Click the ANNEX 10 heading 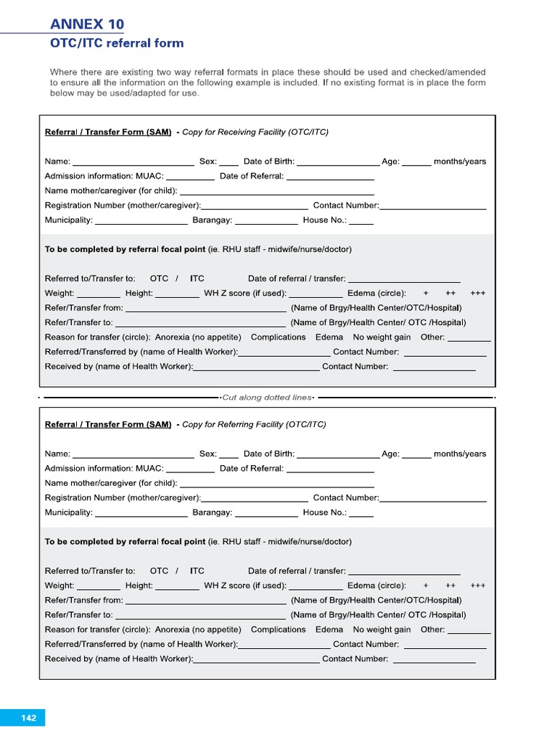87,24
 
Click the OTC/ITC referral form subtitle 116,43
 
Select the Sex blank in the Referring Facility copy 229,454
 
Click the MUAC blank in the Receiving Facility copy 190,177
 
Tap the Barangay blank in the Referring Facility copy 266,513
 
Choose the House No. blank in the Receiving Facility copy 361,221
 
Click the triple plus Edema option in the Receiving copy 478,294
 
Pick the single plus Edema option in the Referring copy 426,586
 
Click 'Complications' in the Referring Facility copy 278,629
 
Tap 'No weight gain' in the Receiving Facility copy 382,337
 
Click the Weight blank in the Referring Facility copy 98,586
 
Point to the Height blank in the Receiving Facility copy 177,294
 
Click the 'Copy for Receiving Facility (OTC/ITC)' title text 255,132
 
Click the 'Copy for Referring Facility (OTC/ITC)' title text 254,424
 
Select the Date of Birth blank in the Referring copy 338,454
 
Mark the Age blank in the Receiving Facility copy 416,162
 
